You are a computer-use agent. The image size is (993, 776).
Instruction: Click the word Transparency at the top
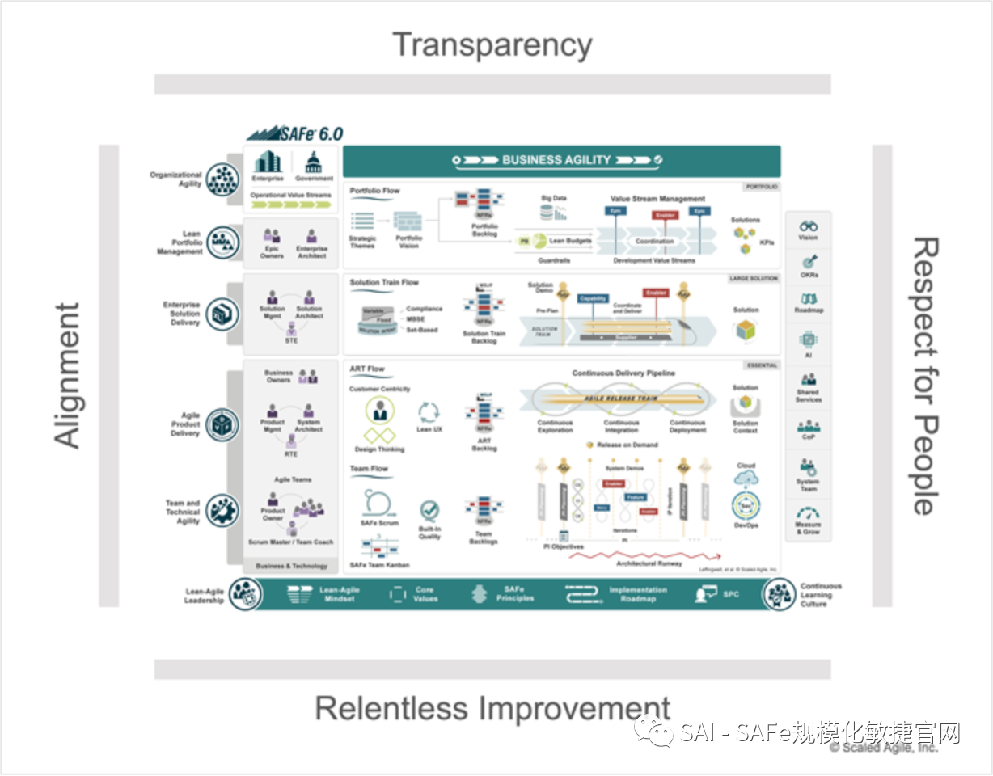click(x=492, y=45)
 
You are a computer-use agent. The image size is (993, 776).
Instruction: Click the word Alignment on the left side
click(x=68, y=375)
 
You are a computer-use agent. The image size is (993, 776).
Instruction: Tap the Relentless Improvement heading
click(x=492, y=708)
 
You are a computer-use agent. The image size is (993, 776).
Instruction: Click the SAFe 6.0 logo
click(x=294, y=133)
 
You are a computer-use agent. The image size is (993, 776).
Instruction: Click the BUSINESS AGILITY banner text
click(x=556, y=160)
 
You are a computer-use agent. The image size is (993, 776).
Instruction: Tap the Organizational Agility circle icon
click(x=222, y=179)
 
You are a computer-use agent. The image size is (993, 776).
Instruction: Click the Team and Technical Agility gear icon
click(x=222, y=510)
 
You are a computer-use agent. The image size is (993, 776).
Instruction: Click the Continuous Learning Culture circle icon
click(x=779, y=595)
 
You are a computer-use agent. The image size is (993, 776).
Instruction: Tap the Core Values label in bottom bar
click(x=425, y=595)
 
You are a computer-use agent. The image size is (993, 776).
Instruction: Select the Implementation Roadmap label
click(x=638, y=595)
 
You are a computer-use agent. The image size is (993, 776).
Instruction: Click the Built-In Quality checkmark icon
click(x=429, y=510)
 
